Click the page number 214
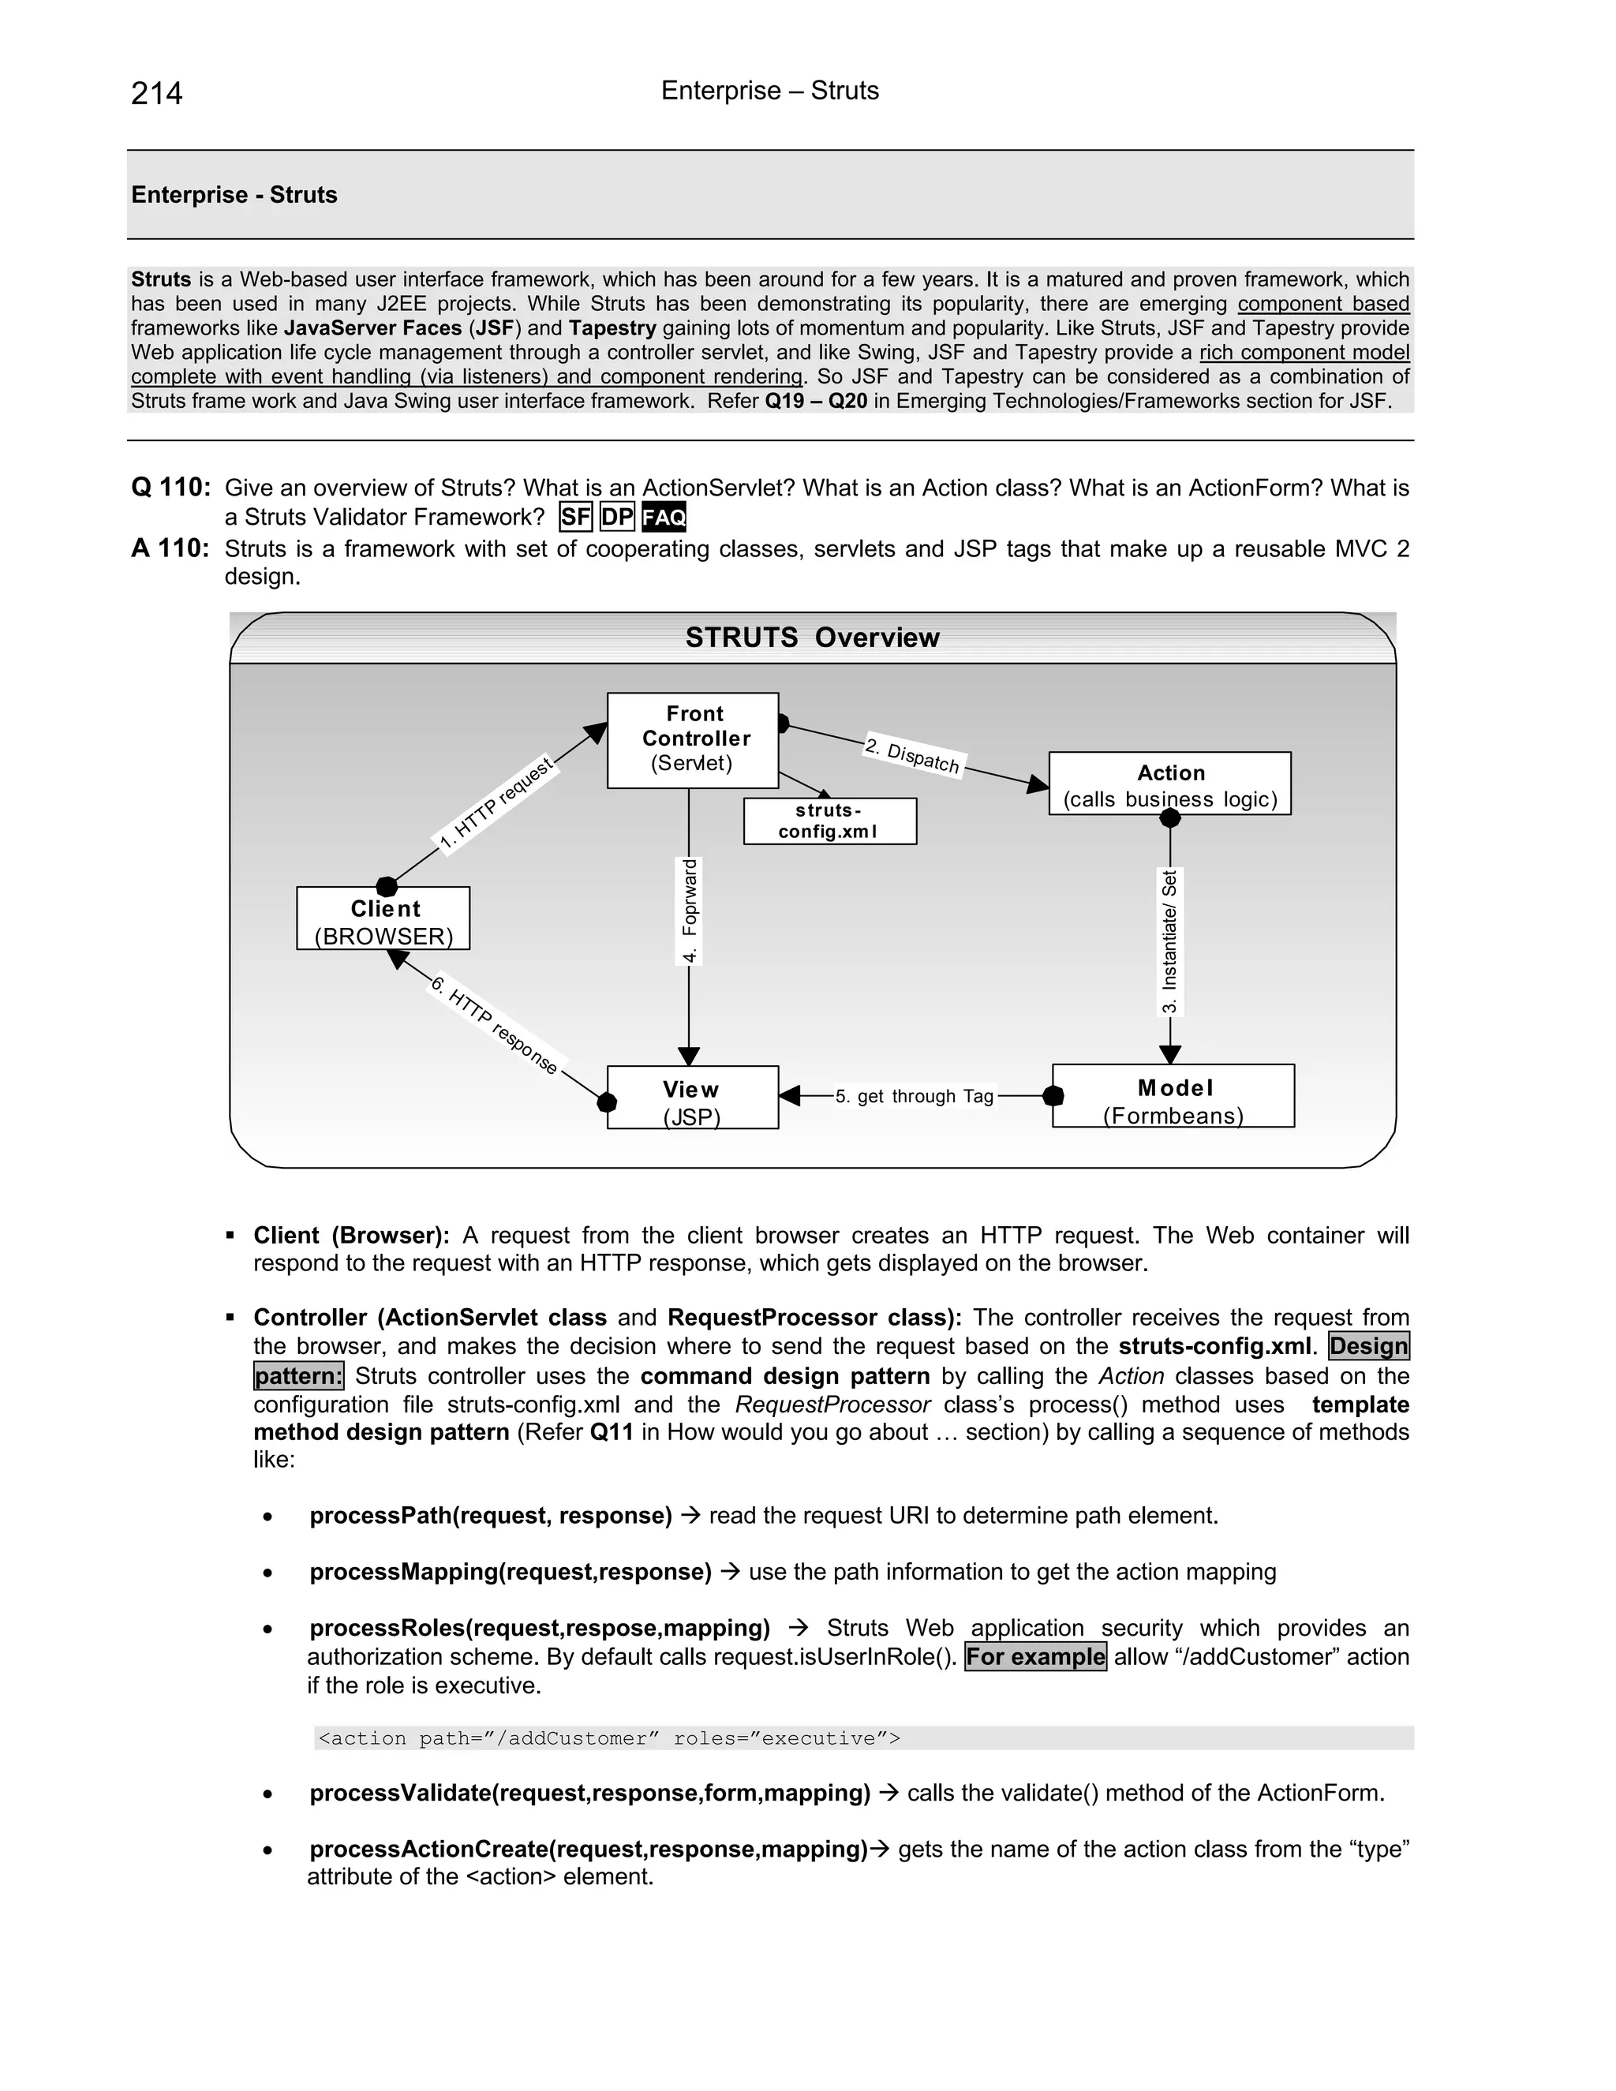coord(156,93)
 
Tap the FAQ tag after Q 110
coord(664,518)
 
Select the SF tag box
coord(575,518)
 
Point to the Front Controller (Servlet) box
coord(693,739)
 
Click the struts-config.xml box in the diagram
coord(829,821)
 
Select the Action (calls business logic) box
coord(1169,784)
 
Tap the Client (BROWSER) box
coord(383,919)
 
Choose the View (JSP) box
coord(692,1098)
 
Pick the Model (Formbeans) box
coord(1173,1096)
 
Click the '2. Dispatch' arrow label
coord(912,754)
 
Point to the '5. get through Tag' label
coord(915,1096)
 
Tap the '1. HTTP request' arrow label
coord(496,803)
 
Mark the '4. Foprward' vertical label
coord(690,911)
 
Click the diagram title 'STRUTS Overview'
coord(812,638)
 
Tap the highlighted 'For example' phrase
coord(1035,1656)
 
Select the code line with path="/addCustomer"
coord(609,1738)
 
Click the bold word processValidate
coord(399,1792)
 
